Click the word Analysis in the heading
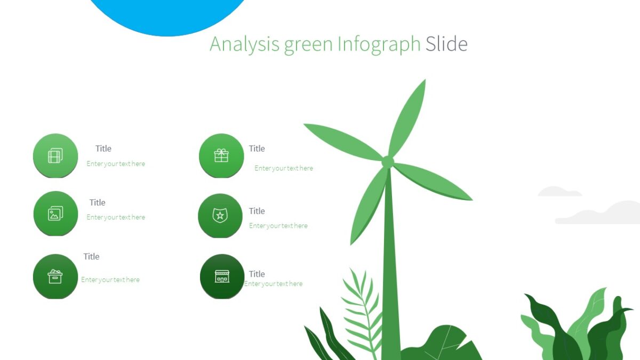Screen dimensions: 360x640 244,44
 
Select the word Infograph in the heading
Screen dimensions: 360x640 379,44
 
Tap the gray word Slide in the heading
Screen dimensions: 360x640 446,44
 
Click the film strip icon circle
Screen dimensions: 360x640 55,156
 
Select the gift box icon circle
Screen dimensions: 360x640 221,156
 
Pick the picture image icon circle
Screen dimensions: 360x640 55,213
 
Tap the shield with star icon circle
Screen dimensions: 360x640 220,215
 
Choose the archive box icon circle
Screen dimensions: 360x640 55,276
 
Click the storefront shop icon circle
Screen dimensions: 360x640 222,276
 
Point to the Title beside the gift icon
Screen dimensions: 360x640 257,149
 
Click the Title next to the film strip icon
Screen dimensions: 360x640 103,149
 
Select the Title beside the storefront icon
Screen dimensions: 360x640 257,274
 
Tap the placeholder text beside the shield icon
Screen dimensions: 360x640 278,226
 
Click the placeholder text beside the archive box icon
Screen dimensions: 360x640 110,279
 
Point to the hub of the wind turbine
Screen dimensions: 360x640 388,161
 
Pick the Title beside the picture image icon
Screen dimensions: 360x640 98,203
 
